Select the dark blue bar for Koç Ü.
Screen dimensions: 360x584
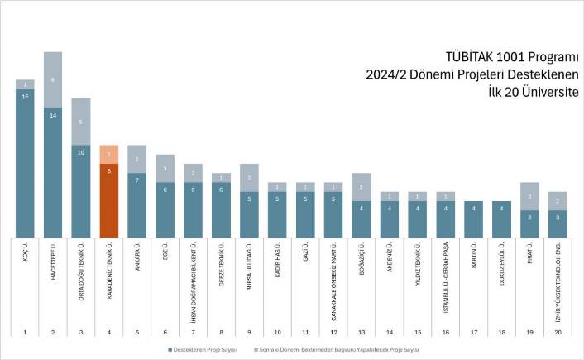[25, 162]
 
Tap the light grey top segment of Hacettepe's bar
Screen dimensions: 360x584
[53, 80]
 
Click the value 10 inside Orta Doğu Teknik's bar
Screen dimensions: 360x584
[81, 152]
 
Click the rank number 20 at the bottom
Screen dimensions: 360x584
[558, 333]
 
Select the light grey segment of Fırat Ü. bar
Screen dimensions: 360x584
[530, 196]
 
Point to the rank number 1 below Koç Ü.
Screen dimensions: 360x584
[25, 333]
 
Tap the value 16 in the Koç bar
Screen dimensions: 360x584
[25, 97]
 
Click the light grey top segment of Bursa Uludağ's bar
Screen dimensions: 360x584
[249, 177]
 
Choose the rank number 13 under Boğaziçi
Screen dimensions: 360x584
[361, 333]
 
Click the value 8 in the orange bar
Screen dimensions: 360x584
[109, 168]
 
